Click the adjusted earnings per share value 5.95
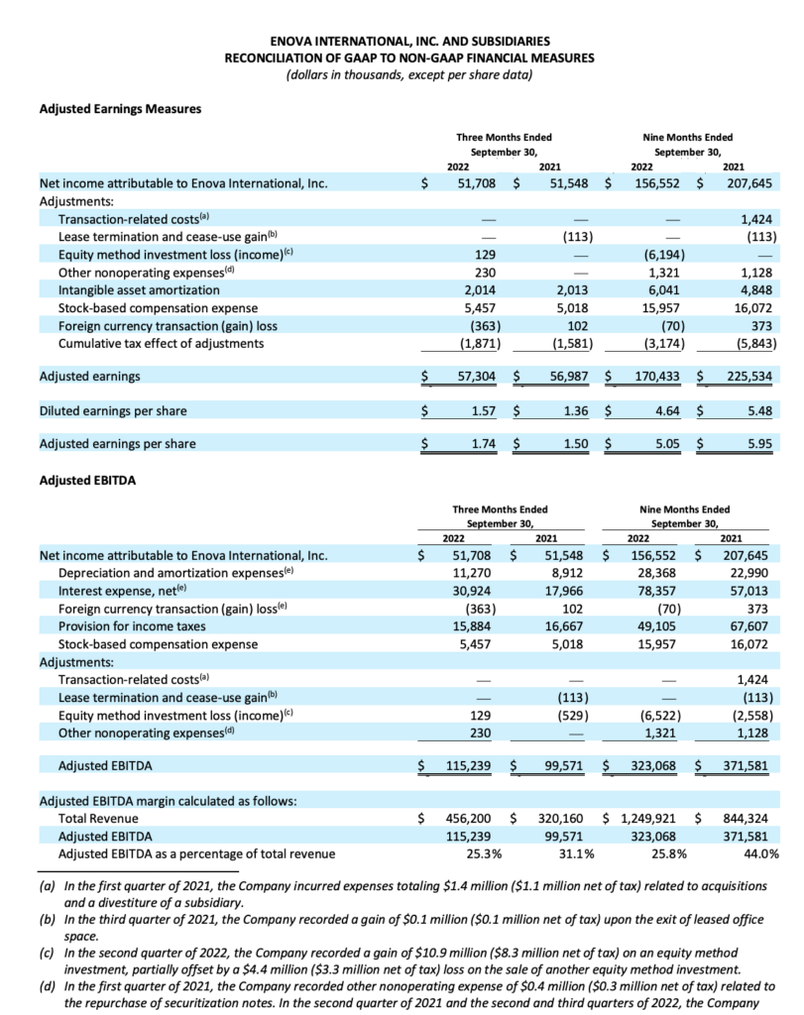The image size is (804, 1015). (759, 444)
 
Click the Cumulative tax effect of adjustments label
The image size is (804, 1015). (162, 343)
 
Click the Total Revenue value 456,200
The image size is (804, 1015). (472, 819)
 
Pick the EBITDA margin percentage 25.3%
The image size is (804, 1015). (483, 853)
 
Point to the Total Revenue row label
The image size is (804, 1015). (98, 819)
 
